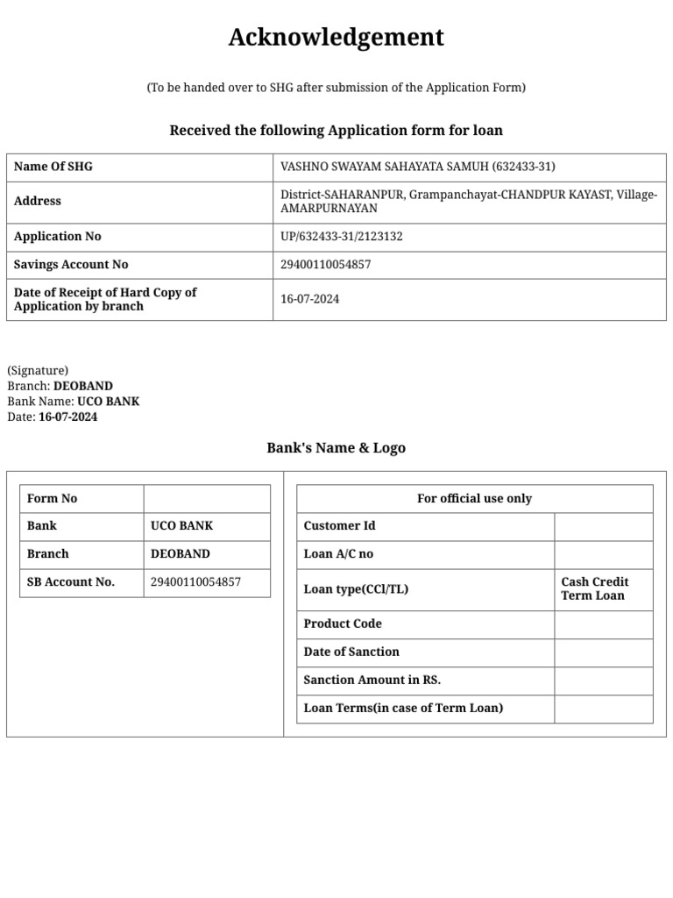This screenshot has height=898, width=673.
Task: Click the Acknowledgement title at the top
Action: [x=336, y=38]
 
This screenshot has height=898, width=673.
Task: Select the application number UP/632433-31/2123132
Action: [x=341, y=237]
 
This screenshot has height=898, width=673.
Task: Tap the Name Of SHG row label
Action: [x=53, y=167]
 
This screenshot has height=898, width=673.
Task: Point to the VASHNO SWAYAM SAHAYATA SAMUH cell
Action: [x=417, y=167]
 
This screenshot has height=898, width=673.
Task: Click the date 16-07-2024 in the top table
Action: [x=309, y=299]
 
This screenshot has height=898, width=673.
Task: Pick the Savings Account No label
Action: [x=71, y=265]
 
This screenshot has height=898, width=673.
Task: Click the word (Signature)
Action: [x=38, y=371]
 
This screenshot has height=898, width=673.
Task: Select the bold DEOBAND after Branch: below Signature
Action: [x=83, y=386]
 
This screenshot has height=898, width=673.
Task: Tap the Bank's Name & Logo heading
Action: [x=336, y=448]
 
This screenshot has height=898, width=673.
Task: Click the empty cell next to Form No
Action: [x=207, y=498]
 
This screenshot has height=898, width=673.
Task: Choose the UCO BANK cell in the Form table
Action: [x=181, y=526]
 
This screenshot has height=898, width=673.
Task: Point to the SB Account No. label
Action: [x=71, y=581]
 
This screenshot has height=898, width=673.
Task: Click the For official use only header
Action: [x=474, y=498]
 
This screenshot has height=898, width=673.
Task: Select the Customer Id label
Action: [x=339, y=526]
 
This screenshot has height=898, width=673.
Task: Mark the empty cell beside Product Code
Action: [x=603, y=624]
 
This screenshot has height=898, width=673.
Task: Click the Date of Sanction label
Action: [x=351, y=652]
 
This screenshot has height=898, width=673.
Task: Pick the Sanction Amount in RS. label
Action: [x=372, y=681]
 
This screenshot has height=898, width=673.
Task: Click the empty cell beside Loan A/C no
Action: [x=603, y=554]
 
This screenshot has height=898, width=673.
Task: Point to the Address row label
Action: [x=38, y=201]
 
